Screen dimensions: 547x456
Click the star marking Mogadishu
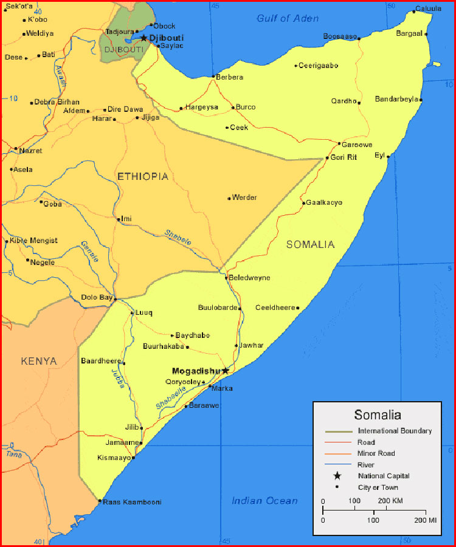(x=226, y=370)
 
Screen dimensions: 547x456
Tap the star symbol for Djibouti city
(x=143, y=38)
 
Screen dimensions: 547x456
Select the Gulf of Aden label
(x=287, y=18)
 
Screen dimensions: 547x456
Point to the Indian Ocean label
(x=264, y=501)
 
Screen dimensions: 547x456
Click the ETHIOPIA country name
(x=142, y=176)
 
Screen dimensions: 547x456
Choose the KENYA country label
(x=39, y=361)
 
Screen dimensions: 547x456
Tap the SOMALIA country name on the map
(x=310, y=244)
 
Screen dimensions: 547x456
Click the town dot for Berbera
(x=213, y=77)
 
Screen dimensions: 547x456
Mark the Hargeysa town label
(x=203, y=107)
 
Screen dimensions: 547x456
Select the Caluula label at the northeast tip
(x=428, y=9)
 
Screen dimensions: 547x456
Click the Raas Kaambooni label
(x=132, y=502)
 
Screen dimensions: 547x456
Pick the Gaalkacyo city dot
(x=303, y=202)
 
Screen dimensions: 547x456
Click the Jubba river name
(x=117, y=378)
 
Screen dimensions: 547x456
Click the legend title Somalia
(x=378, y=416)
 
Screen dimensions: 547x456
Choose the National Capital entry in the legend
(x=384, y=476)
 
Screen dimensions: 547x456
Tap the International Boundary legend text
(x=395, y=431)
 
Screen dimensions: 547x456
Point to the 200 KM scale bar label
(x=390, y=501)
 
